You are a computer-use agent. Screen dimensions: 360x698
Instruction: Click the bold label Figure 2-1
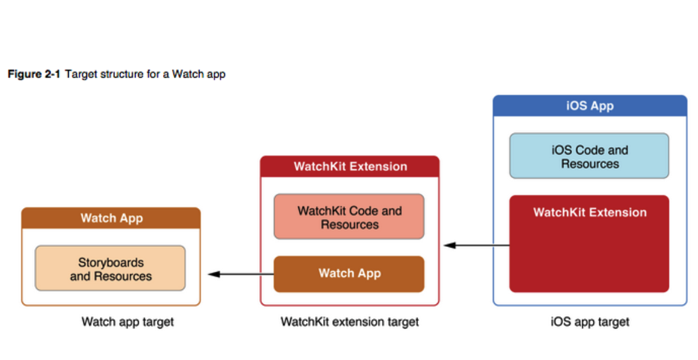coord(33,74)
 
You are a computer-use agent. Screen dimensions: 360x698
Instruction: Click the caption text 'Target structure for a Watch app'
coord(145,74)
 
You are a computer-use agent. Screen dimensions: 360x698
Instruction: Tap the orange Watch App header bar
coord(111,218)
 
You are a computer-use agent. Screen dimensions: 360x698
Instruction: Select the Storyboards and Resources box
coord(110,269)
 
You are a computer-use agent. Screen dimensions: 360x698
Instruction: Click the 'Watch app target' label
coord(127,322)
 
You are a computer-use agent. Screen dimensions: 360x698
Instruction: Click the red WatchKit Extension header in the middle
coord(350,167)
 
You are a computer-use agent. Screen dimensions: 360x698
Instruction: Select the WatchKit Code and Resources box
coord(349,217)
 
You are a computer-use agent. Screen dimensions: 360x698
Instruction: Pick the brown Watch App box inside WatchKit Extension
coord(349,274)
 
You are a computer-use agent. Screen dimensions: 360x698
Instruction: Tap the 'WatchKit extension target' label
coord(349,322)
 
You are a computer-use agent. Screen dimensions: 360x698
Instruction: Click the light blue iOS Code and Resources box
coord(589,156)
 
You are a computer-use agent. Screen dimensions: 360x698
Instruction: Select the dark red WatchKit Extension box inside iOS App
coord(589,243)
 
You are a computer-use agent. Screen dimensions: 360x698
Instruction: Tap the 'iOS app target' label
coord(590,322)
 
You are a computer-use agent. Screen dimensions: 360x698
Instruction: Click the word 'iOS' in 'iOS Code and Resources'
coord(561,150)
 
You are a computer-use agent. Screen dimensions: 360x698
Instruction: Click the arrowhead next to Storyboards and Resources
coord(214,274)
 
